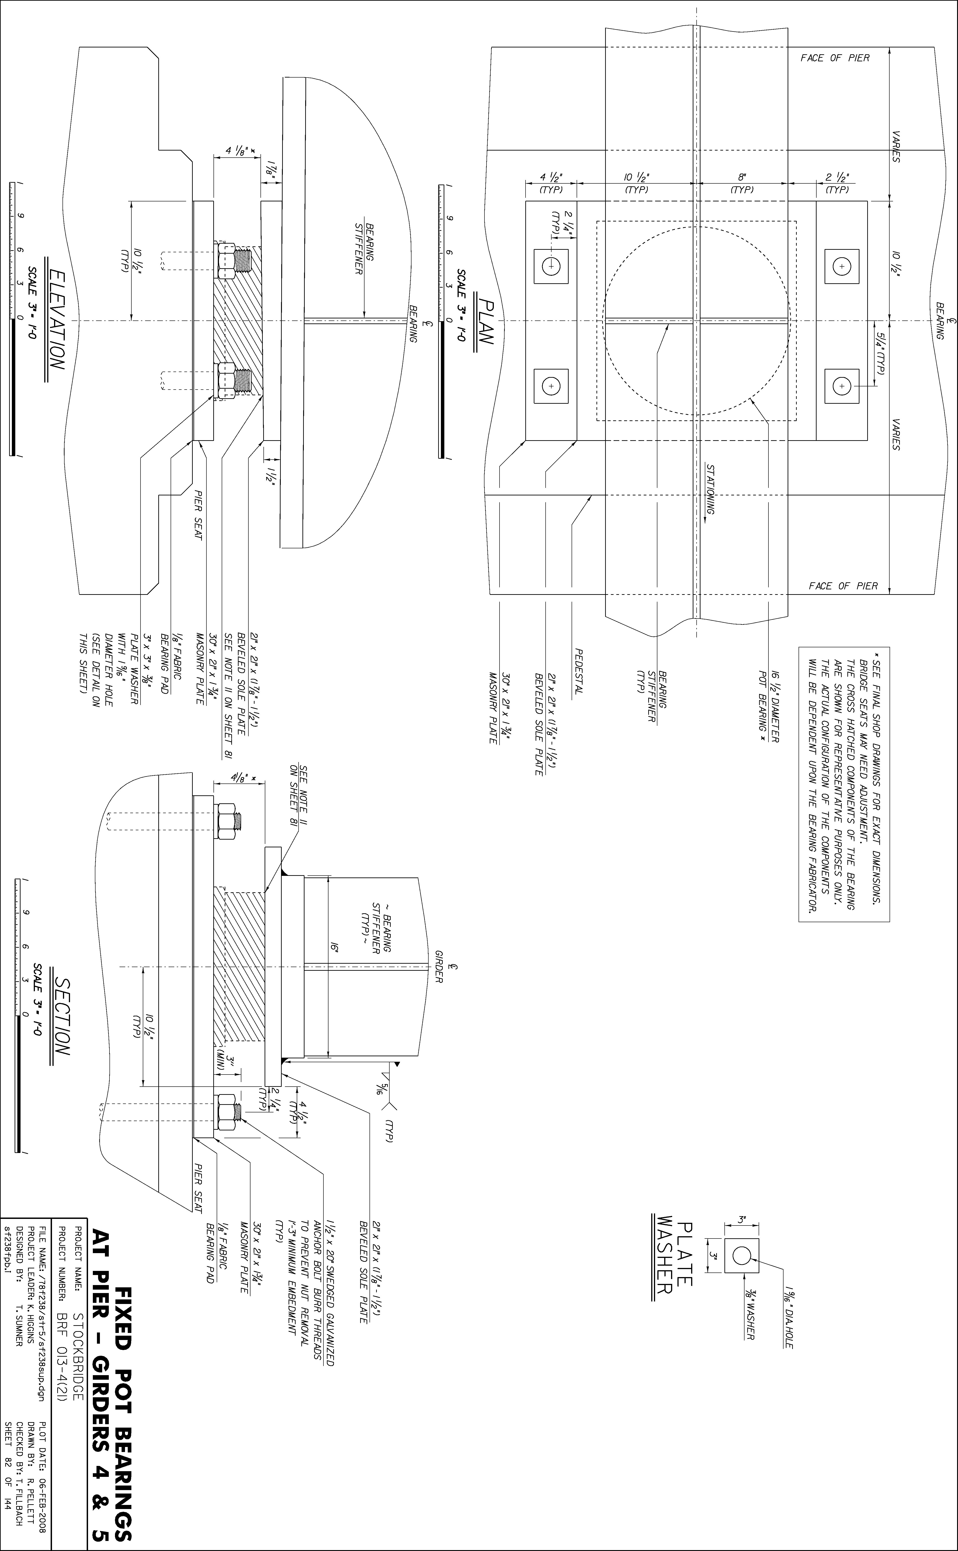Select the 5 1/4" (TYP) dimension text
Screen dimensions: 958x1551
(880, 353)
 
